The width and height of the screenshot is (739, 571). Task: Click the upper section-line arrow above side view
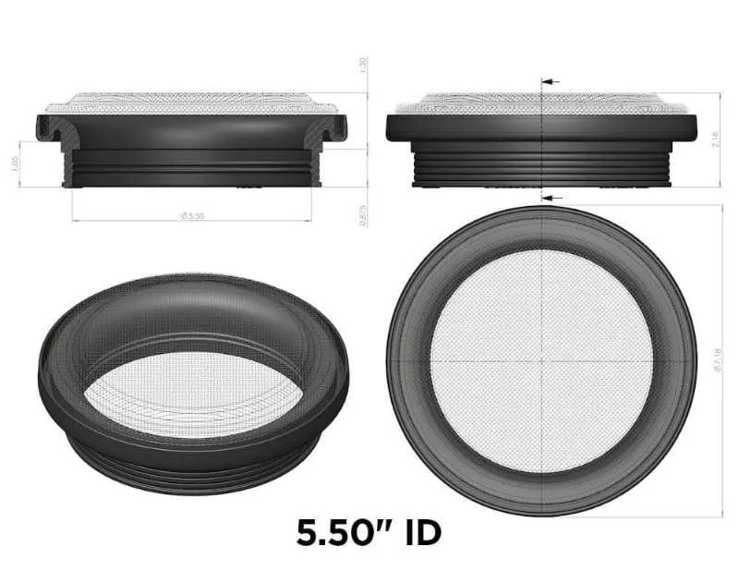(x=551, y=82)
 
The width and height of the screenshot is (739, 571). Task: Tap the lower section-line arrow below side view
(x=551, y=198)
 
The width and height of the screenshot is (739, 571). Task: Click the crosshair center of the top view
(x=541, y=360)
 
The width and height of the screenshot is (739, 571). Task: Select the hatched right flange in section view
(x=334, y=129)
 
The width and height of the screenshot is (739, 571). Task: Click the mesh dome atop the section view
(x=194, y=101)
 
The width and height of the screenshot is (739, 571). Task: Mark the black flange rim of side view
(x=540, y=128)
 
